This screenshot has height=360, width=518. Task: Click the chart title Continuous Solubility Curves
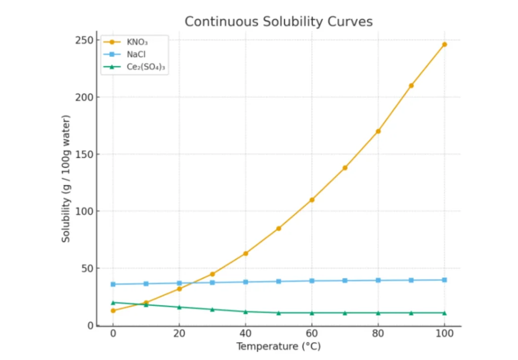pos(278,21)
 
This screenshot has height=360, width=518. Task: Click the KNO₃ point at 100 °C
pos(445,44)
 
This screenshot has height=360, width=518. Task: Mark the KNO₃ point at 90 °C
pos(411,86)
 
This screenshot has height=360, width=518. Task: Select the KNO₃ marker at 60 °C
pos(312,199)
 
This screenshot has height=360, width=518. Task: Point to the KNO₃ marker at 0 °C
pos(113,310)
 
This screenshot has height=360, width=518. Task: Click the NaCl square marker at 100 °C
pos(445,279)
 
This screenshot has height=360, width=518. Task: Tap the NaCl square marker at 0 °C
pos(113,284)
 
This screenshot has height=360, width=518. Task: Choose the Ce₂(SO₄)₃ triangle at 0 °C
pos(113,302)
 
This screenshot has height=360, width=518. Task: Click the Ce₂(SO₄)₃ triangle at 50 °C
pos(279,312)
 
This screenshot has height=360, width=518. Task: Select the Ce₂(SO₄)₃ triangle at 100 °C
pos(445,312)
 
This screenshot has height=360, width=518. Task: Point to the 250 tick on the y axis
pos(83,40)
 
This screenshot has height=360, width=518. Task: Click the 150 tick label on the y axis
pos(83,154)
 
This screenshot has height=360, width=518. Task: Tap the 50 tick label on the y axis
pos(86,268)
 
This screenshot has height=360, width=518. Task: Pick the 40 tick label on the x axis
pos(245,335)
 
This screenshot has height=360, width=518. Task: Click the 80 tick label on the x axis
pos(378,335)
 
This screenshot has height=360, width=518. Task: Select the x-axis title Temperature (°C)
pos(278,347)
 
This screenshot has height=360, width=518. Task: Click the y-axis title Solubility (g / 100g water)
pos(66,179)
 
